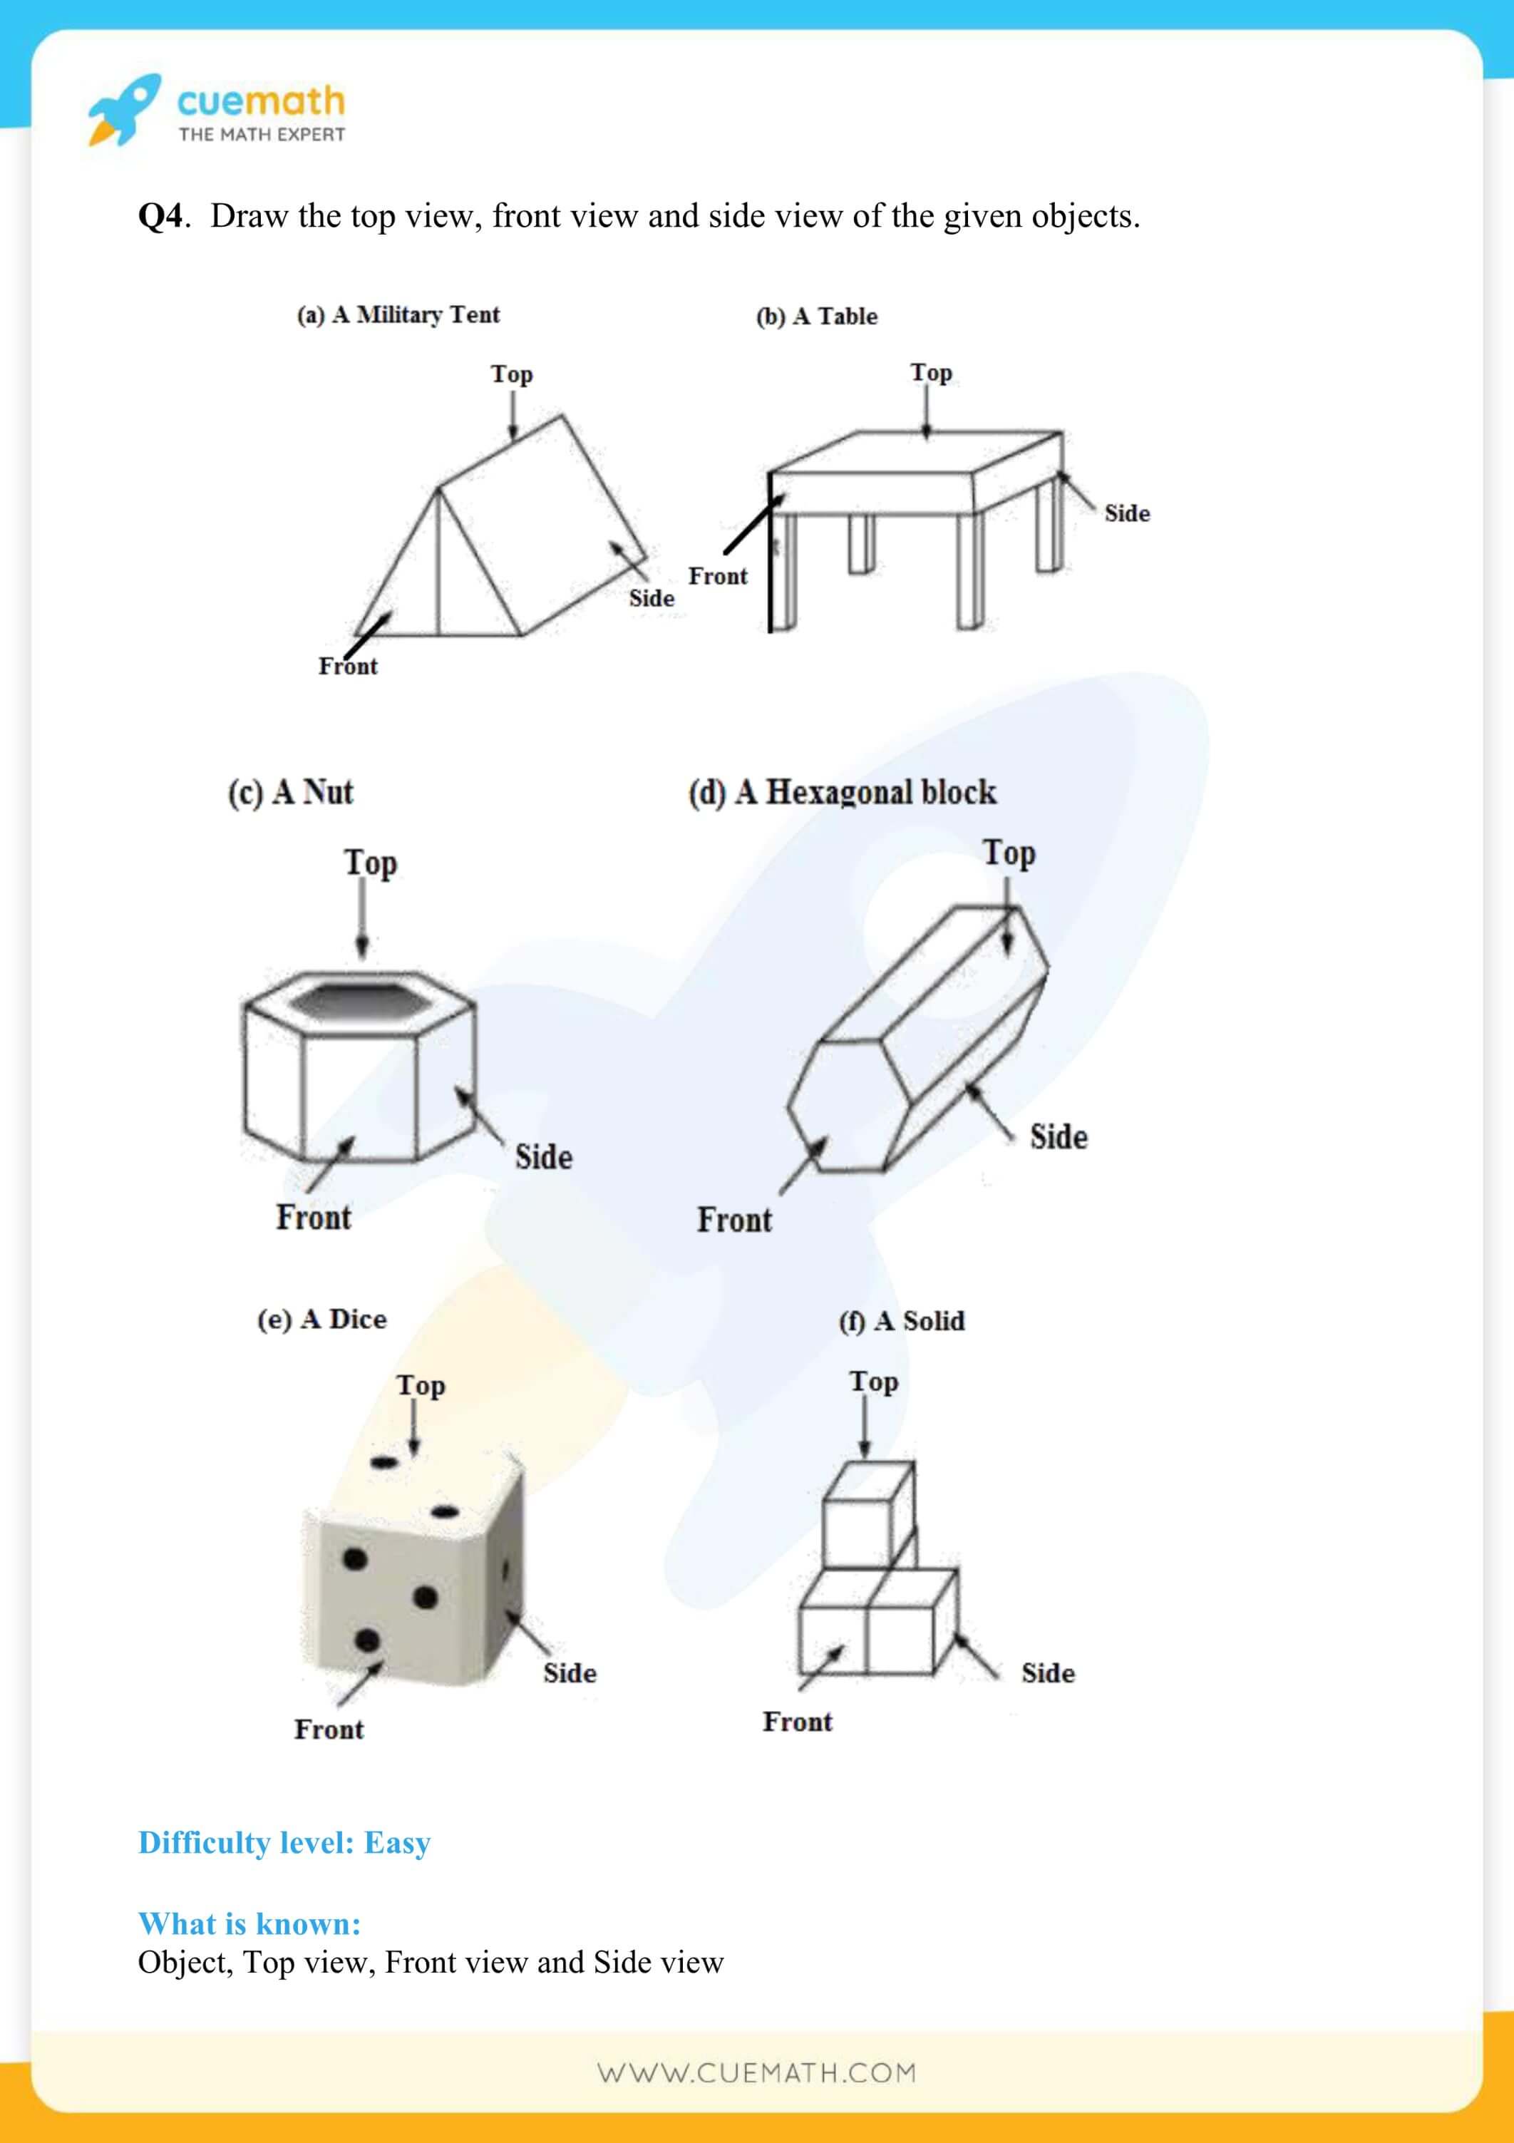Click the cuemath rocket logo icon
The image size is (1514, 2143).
pyautogui.click(x=124, y=109)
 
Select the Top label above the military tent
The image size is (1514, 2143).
pyautogui.click(x=512, y=374)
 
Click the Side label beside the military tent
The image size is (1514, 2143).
pyautogui.click(x=651, y=598)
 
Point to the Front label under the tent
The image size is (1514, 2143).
pyautogui.click(x=347, y=667)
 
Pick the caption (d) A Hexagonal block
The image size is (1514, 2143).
pyautogui.click(x=842, y=793)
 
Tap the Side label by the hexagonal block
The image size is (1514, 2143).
pyautogui.click(x=1058, y=1137)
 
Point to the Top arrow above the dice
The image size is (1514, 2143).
pyautogui.click(x=413, y=1429)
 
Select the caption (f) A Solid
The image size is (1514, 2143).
pyautogui.click(x=901, y=1321)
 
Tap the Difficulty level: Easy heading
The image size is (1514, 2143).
pyautogui.click(x=284, y=1842)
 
